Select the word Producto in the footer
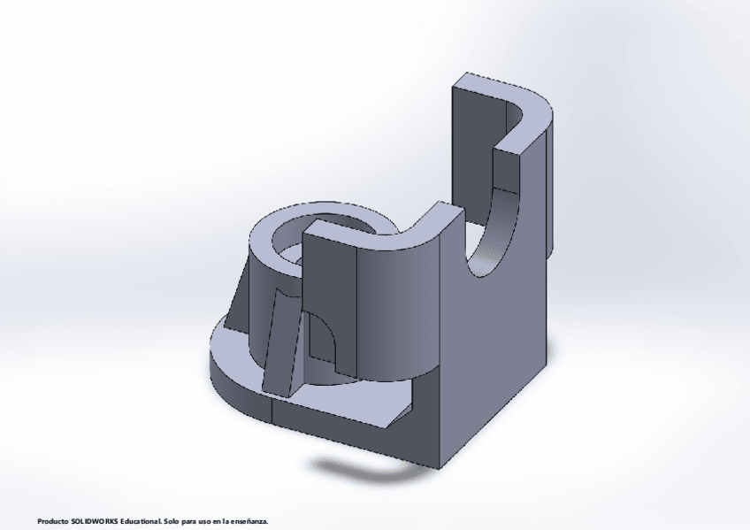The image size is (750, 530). pyautogui.click(x=53, y=522)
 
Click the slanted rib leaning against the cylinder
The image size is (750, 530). pyautogui.click(x=282, y=345)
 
